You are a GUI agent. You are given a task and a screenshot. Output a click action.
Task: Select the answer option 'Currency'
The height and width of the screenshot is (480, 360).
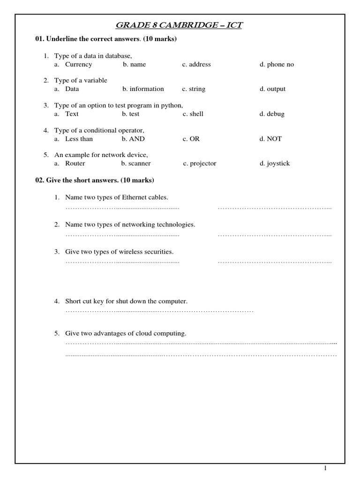78,64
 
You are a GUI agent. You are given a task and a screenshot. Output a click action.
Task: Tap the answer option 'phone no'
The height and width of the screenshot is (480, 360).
280,64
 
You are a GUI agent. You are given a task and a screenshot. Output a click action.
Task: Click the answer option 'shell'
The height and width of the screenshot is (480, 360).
196,114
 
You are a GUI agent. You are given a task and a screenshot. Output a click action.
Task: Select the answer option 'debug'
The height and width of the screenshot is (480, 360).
276,114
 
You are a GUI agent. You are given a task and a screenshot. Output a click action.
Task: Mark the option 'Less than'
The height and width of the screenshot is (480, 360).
79,139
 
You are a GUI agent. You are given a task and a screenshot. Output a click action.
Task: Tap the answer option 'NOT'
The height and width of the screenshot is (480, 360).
274,139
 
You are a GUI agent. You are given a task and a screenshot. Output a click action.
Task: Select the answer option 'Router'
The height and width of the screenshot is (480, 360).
75,164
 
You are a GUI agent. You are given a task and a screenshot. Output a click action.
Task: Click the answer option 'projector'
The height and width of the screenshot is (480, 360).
202,164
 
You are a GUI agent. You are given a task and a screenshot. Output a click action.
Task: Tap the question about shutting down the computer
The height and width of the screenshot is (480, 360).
126,301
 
